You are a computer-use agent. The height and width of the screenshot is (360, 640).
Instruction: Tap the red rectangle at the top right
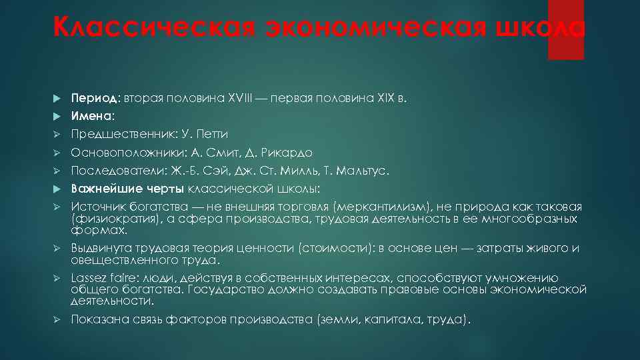point(565,30)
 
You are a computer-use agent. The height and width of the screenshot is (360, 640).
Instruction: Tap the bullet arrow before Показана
point(57,319)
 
